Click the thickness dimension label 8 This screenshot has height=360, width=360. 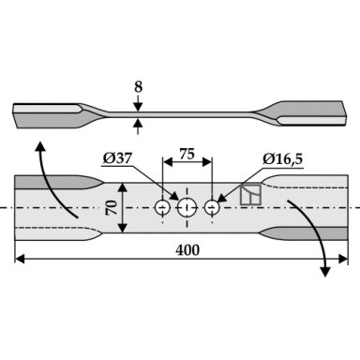pos(139,87)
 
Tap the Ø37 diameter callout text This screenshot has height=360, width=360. pos(117,158)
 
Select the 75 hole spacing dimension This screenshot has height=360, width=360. pos(187,154)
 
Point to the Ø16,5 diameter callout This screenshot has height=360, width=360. pos(282,159)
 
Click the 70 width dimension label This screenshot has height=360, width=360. pos(112,208)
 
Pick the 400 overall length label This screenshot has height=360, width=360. pos(187,250)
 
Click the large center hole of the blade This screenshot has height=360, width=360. pos(187,207)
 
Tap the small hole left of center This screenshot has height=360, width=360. pos(162,207)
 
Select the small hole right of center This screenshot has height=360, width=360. pos(212,207)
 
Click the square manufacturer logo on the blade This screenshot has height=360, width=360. pos(250,195)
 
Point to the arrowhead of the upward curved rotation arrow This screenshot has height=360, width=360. pos(39,146)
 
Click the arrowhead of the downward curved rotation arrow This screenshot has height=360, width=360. pos(325,272)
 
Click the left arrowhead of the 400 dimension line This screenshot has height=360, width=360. pos(20,259)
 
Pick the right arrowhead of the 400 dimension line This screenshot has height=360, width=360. pos(343,259)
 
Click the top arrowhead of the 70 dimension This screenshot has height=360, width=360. pos(123,187)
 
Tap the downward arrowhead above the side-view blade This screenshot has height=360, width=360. pos(138,107)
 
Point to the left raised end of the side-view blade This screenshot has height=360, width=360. pos(47,115)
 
